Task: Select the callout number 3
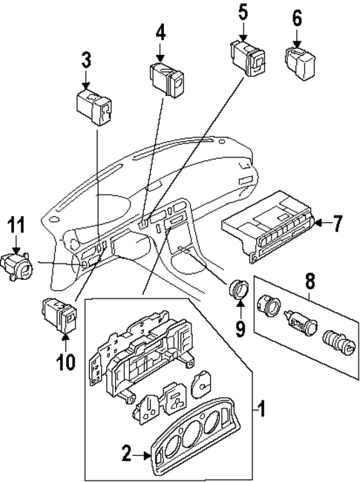[85, 58]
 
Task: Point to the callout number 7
[336, 221]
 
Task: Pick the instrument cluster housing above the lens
[141, 354]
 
